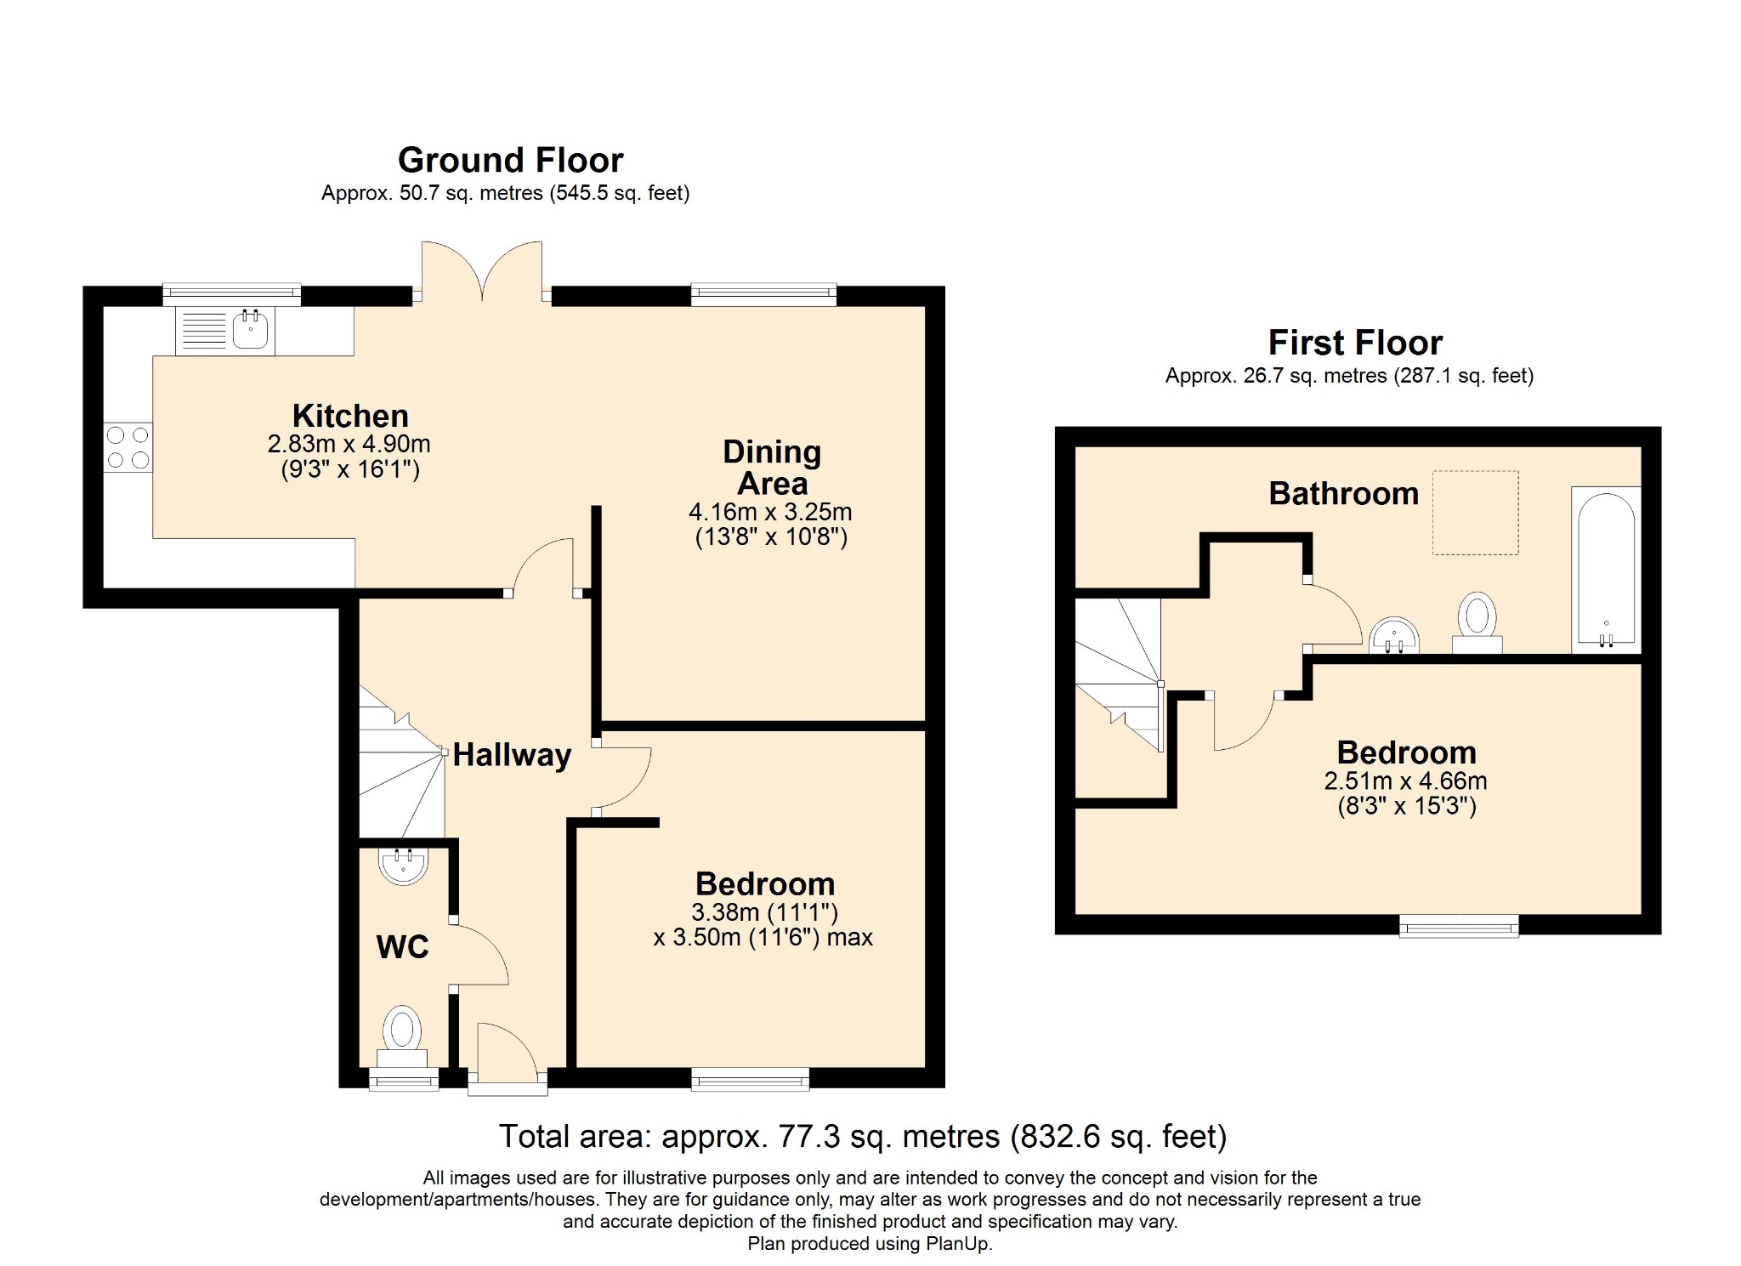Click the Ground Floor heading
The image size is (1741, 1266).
(510, 160)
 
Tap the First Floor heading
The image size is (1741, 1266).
(1355, 343)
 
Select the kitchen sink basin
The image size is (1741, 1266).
(250, 330)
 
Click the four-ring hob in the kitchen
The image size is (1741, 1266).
(128, 447)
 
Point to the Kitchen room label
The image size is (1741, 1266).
(350, 416)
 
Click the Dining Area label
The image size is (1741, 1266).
(772, 467)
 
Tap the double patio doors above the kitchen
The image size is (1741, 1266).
(482, 272)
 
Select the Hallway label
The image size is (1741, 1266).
(512, 754)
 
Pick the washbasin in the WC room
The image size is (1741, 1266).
(403, 865)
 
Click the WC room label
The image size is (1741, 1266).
(402, 946)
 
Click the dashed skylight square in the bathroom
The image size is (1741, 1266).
(1475, 513)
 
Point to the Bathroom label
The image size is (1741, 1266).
(1343, 493)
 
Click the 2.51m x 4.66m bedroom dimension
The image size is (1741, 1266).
(1405, 781)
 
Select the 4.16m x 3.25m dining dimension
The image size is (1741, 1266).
(770, 512)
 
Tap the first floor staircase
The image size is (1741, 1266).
(1119, 672)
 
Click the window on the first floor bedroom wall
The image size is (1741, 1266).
(1459, 926)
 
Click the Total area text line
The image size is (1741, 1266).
(862, 1136)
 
